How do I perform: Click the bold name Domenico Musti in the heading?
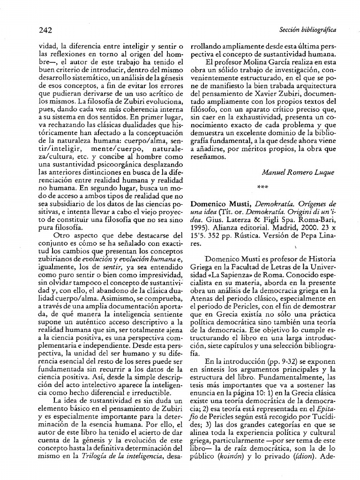tap(217, 204)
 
